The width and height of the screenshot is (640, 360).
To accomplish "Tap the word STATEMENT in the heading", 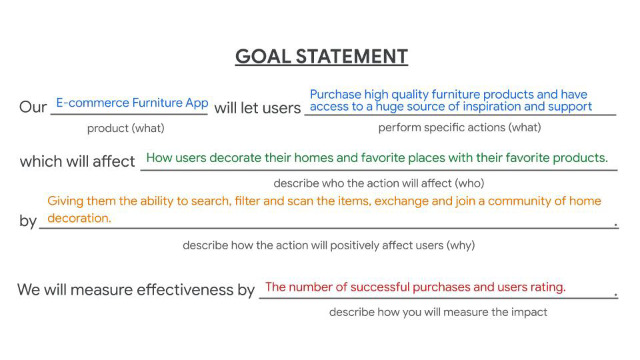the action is coord(352,56).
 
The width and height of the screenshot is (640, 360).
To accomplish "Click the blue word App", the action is coord(197,103).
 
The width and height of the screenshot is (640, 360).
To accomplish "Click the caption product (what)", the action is coord(126,128).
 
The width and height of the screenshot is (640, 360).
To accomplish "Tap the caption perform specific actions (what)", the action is coord(459,127).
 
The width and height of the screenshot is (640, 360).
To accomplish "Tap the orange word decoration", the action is coord(79,218).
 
